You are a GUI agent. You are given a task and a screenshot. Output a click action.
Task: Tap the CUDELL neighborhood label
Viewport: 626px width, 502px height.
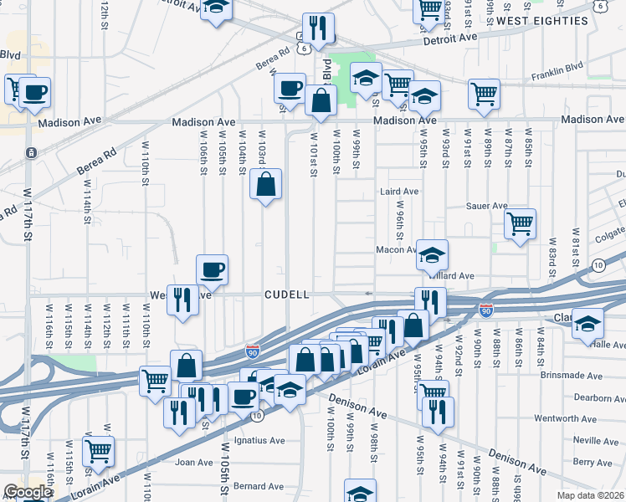[x=287, y=295]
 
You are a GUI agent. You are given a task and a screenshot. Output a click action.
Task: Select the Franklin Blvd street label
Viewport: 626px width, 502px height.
[x=557, y=79]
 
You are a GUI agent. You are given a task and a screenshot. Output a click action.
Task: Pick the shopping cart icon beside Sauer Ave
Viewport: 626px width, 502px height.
[x=520, y=224]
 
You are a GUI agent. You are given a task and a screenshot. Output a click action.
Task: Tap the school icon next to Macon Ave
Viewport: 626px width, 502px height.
[x=432, y=255]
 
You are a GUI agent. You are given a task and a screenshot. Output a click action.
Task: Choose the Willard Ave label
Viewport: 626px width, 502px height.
[x=454, y=274]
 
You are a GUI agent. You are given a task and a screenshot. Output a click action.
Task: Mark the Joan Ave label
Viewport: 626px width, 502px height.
[x=194, y=462]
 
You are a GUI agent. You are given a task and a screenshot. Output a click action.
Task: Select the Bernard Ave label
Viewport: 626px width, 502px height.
[x=259, y=485]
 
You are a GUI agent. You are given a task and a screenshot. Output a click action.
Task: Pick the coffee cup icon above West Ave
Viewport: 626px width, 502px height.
[x=211, y=269]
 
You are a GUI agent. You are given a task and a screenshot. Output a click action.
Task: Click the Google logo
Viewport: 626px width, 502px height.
[x=28, y=493]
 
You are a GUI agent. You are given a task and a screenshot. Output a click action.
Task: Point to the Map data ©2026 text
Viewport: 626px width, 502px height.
[x=590, y=495]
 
